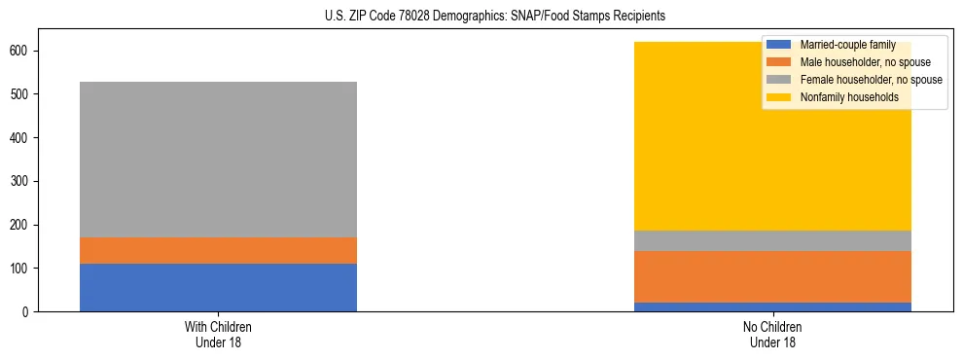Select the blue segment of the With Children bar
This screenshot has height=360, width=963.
click(218, 288)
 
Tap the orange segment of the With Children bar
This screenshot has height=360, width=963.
click(218, 251)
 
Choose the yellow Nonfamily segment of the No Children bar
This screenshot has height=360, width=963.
click(681, 136)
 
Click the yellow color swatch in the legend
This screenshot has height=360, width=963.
click(779, 97)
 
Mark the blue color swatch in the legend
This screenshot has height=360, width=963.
click(779, 45)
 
